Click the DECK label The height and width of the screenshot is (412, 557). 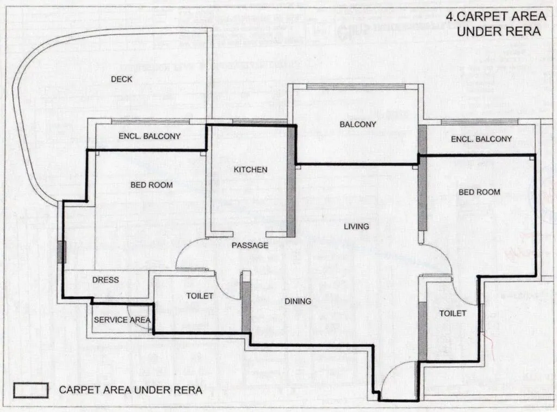pos(121,79)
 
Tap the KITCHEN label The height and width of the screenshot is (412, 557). pos(250,170)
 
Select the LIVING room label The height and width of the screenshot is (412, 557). pos(356,226)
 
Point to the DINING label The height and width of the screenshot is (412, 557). pos(298,302)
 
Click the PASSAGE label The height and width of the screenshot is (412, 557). pos(250,245)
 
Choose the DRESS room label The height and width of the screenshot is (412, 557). pos(106,280)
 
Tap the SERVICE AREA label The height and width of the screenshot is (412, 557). pos(122,320)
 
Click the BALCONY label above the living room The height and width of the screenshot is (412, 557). pos(357,125)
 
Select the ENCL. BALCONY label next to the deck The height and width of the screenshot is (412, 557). pos(150,137)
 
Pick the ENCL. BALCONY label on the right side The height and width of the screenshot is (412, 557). pos(481,139)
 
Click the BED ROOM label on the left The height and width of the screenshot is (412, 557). pos(151,185)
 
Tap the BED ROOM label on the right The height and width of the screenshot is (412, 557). pos(479,192)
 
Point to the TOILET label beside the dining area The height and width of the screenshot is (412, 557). pos(200,296)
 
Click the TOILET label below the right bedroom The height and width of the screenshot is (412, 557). pos(453,313)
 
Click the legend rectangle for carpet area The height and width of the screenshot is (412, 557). pos(30,390)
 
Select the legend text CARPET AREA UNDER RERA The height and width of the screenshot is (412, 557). pos(131,390)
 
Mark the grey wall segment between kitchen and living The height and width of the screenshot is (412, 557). pos(291,182)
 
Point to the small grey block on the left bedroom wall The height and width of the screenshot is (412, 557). pos(61,252)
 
